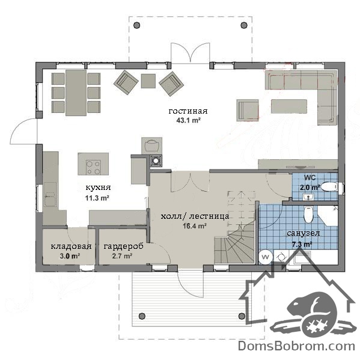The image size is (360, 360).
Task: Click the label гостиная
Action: [x=188, y=111]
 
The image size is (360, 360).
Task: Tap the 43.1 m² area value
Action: [x=189, y=120]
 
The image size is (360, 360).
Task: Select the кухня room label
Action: [x=98, y=188]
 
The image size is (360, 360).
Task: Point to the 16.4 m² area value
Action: [x=195, y=226]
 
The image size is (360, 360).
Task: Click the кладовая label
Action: [x=71, y=246]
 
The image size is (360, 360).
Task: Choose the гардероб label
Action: [x=123, y=246]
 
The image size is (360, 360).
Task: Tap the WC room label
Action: [x=310, y=177]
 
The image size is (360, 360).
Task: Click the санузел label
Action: [x=303, y=233]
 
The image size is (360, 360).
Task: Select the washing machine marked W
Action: [x=266, y=257]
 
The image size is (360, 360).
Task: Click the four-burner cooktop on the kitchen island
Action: [x=93, y=167]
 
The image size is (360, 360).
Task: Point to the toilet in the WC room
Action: [x=329, y=187]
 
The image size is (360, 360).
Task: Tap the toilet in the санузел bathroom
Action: [x=308, y=215]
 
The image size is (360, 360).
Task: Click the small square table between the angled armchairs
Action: [x=148, y=81]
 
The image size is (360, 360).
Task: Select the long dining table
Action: [x=76, y=93]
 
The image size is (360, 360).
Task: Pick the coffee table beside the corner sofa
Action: [x=289, y=106]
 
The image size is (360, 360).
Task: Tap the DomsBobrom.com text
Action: [x=296, y=346]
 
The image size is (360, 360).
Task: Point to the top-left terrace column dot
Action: [x=136, y=25]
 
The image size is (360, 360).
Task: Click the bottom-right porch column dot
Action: [x=242, y=316]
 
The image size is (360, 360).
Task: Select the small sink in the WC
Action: [x=308, y=197]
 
